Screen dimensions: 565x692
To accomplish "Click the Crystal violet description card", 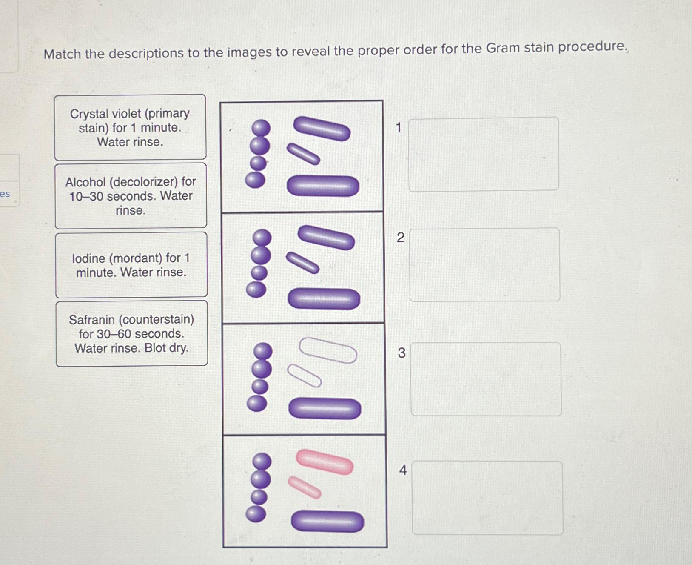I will tap(130, 127).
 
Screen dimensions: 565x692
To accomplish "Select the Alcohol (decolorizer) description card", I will tap(131, 196).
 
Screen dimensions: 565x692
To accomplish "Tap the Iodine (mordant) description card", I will tap(131, 265).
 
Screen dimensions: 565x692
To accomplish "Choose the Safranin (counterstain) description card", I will tap(131, 333).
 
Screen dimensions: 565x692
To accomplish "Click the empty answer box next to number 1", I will tap(484, 154).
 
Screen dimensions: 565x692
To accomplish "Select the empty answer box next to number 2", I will tap(484, 264).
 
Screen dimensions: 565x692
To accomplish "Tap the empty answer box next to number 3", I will tap(486, 379).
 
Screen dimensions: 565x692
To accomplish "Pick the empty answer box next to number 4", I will tap(487, 498).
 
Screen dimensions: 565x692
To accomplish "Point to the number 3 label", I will tap(402, 353).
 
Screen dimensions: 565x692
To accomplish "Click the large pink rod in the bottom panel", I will tap(325, 462).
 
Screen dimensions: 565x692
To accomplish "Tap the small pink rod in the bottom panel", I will tap(305, 488).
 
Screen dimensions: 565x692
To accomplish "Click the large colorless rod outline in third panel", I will tap(328, 350).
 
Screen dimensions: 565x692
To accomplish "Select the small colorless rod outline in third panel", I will tap(305, 376).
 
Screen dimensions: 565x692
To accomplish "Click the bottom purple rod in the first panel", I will tap(323, 186).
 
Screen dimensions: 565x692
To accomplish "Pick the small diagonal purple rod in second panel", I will tap(302, 263).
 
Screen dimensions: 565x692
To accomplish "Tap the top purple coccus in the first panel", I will tap(261, 128).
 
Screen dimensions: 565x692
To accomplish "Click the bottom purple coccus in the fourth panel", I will tap(256, 513).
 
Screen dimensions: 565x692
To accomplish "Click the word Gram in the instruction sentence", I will tap(503, 48).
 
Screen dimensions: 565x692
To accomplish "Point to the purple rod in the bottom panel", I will tap(327, 522).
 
